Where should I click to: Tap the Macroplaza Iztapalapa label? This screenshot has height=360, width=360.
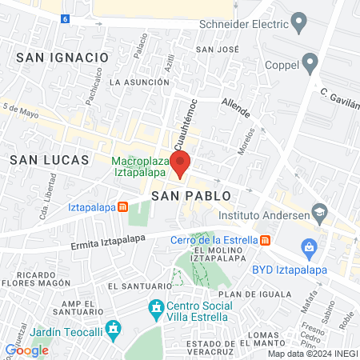[x=140, y=166]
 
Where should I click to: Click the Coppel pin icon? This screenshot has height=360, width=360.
[x=310, y=63]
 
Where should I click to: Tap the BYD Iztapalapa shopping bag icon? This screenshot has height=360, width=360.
[x=306, y=245]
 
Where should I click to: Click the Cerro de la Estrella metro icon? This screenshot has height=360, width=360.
[x=265, y=239]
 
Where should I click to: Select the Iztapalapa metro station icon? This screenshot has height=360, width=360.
[x=122, y=206]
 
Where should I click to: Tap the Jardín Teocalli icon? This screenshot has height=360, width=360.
[x=114, y=328]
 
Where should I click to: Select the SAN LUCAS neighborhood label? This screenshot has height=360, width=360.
[x=49, y=160]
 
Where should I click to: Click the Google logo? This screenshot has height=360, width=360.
[x=27, y=350]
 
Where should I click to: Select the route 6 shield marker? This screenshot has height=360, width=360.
[x=64, y=18]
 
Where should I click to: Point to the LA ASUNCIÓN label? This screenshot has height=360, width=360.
[x=139, y=82]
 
